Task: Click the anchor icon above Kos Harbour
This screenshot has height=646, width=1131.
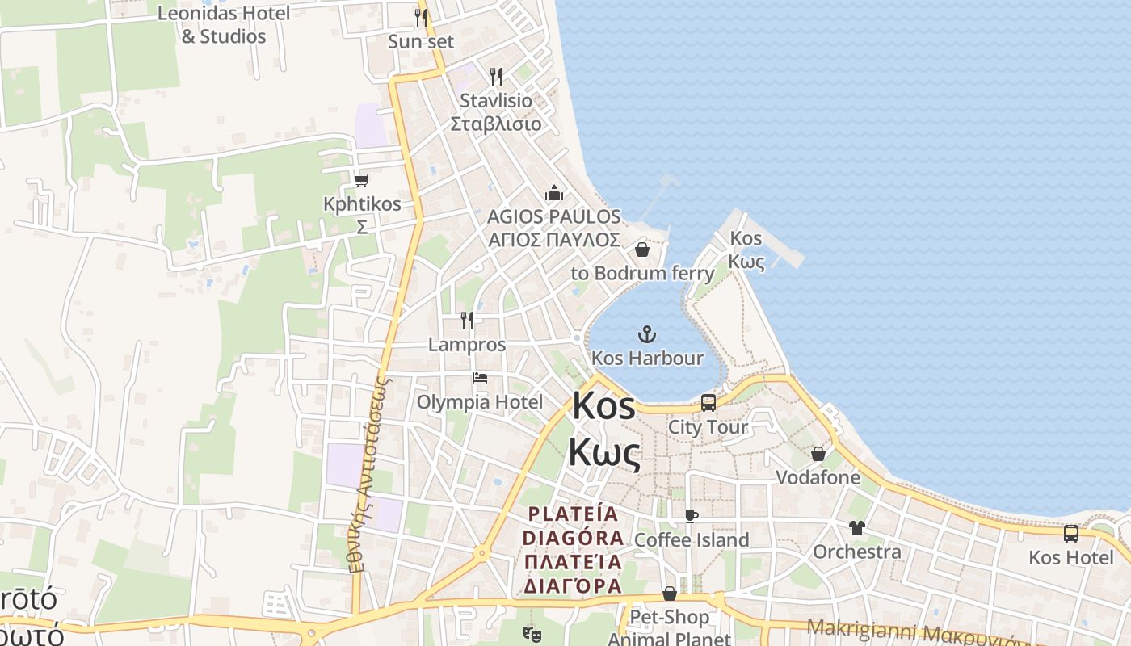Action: click(646, 333)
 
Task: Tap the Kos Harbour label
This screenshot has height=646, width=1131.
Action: click(647, 358)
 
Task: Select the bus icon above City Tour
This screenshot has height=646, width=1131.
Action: click(708, 402)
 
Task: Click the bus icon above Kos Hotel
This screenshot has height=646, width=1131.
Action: click(1071, 533)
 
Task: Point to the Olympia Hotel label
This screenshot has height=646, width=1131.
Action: click(480, 402)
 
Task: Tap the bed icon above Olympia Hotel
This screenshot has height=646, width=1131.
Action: click(480, 377)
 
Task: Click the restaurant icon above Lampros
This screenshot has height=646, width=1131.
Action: click(467, 320)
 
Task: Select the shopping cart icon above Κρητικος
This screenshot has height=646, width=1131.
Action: click(362, 180)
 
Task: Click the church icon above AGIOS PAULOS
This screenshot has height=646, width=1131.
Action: click(554, 193)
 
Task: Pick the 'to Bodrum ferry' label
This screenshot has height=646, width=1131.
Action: click(642, 273)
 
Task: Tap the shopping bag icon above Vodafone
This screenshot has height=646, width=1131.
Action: click(818, 454)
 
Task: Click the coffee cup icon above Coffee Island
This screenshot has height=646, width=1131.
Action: click(692, 516)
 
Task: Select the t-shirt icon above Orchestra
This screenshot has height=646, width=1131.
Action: click(856, 528)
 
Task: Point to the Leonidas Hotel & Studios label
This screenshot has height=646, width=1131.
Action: click(224, 25)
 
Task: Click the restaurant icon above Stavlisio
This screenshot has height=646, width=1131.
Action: click(496, 77)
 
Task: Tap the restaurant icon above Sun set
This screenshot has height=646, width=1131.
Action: click(421, 17)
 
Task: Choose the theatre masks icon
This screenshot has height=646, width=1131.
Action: click(530, 635)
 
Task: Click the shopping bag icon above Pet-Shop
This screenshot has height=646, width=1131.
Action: click(670, 594)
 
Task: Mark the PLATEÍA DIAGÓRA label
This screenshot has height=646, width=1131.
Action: click(572, 549)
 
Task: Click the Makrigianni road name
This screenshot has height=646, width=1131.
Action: click(856, 627)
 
